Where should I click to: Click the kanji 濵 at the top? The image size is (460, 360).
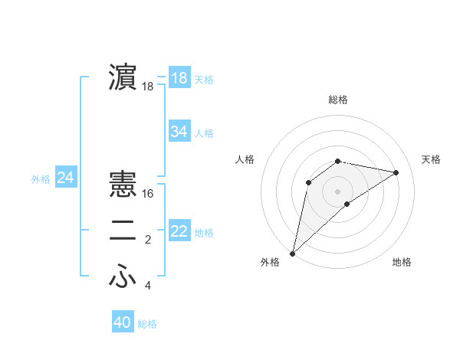123,78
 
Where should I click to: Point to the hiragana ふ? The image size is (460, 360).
123,277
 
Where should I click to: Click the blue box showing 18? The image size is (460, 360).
179,78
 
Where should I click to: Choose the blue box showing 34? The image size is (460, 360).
179,132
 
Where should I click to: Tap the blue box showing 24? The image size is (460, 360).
65,178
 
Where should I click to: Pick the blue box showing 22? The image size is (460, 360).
179,231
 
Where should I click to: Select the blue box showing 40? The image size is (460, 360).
123,322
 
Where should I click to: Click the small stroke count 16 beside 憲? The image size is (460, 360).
149,194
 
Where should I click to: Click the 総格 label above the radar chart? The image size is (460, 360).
338,100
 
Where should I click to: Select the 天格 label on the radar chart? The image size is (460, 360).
432,159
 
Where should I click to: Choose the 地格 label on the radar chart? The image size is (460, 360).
402,262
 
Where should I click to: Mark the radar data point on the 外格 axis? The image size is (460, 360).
292,254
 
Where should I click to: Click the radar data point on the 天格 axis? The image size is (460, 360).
396,172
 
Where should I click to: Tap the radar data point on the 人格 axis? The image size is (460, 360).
309,182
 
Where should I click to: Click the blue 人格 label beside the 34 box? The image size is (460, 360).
205,133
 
